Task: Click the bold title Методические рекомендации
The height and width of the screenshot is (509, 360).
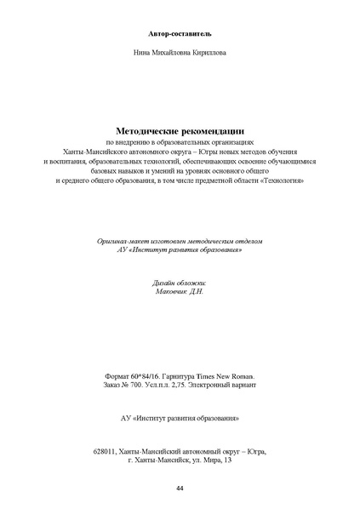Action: point(180,130)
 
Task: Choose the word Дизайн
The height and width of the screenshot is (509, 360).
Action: point(160,282)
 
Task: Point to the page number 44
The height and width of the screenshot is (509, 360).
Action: point(180,489)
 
